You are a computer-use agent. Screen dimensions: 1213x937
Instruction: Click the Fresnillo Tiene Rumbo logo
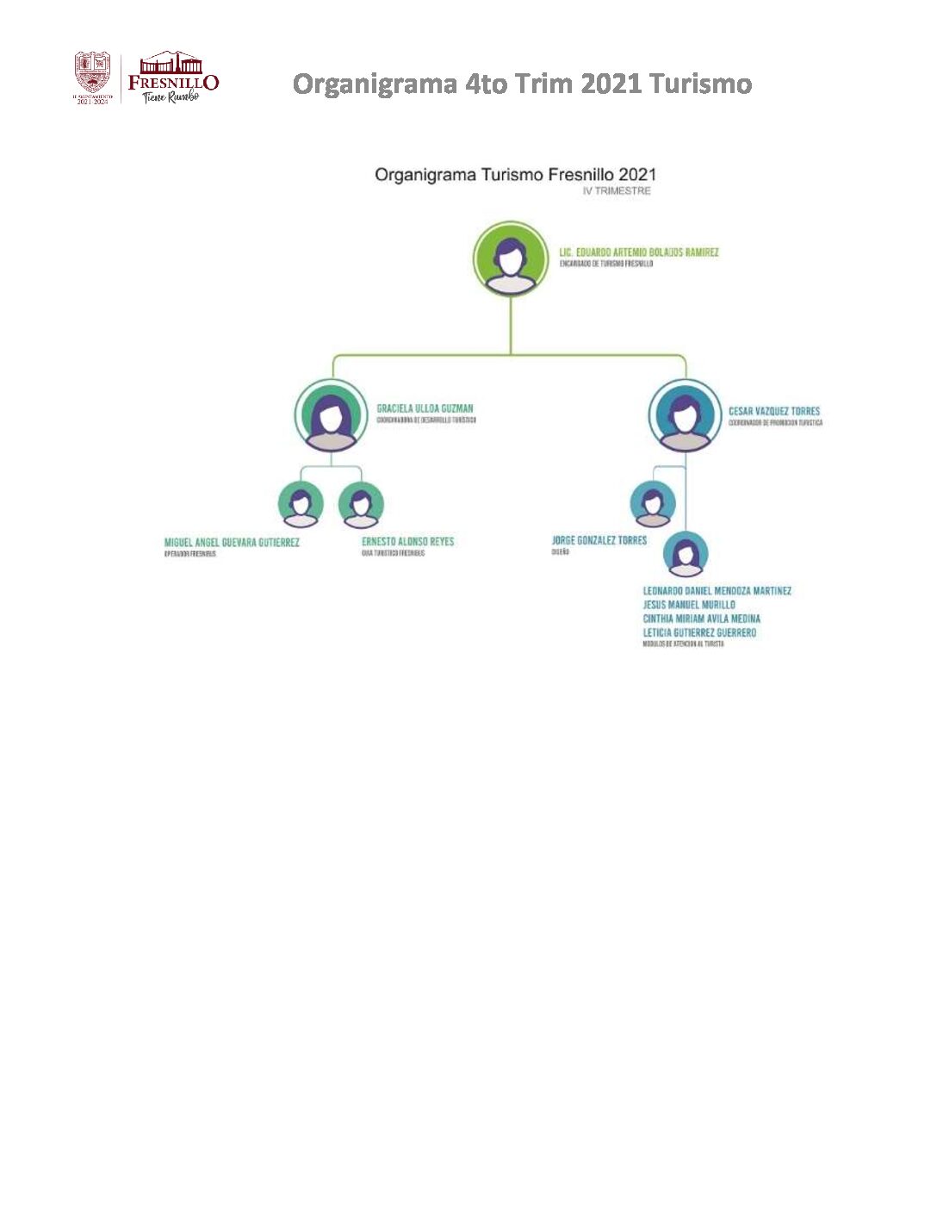[173, 77]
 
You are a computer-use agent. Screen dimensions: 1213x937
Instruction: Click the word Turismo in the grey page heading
[700, 84]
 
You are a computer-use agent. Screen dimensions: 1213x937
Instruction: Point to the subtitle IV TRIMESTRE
[616, 191]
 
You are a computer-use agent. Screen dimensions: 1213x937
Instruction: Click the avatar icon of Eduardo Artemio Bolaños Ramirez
[511, 258]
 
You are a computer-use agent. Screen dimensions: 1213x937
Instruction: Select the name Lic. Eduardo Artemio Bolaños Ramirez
[638, 252]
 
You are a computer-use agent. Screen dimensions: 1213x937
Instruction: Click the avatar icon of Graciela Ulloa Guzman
[331, 416]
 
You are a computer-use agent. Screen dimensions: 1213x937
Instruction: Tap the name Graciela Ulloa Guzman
[425, 408]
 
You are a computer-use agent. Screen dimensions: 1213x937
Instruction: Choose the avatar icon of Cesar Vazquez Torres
[685, 416]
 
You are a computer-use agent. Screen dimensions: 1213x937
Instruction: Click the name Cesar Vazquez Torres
[773, 411]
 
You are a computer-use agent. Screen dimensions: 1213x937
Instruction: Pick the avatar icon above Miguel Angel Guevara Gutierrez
[301, 504]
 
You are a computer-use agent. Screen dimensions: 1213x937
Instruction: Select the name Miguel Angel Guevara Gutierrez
[232, 542]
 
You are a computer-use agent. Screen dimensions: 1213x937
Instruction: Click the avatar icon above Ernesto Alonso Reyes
[361, 504]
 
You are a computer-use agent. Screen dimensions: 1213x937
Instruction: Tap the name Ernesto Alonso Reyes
[407, 541]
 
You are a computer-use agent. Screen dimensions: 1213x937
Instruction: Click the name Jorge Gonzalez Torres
[599, 540]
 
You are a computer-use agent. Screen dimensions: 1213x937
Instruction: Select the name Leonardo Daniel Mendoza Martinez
[717, 591]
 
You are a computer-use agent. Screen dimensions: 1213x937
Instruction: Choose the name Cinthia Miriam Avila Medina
[701, 619]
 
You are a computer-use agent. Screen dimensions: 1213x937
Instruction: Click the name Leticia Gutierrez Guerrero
[699, 632]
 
